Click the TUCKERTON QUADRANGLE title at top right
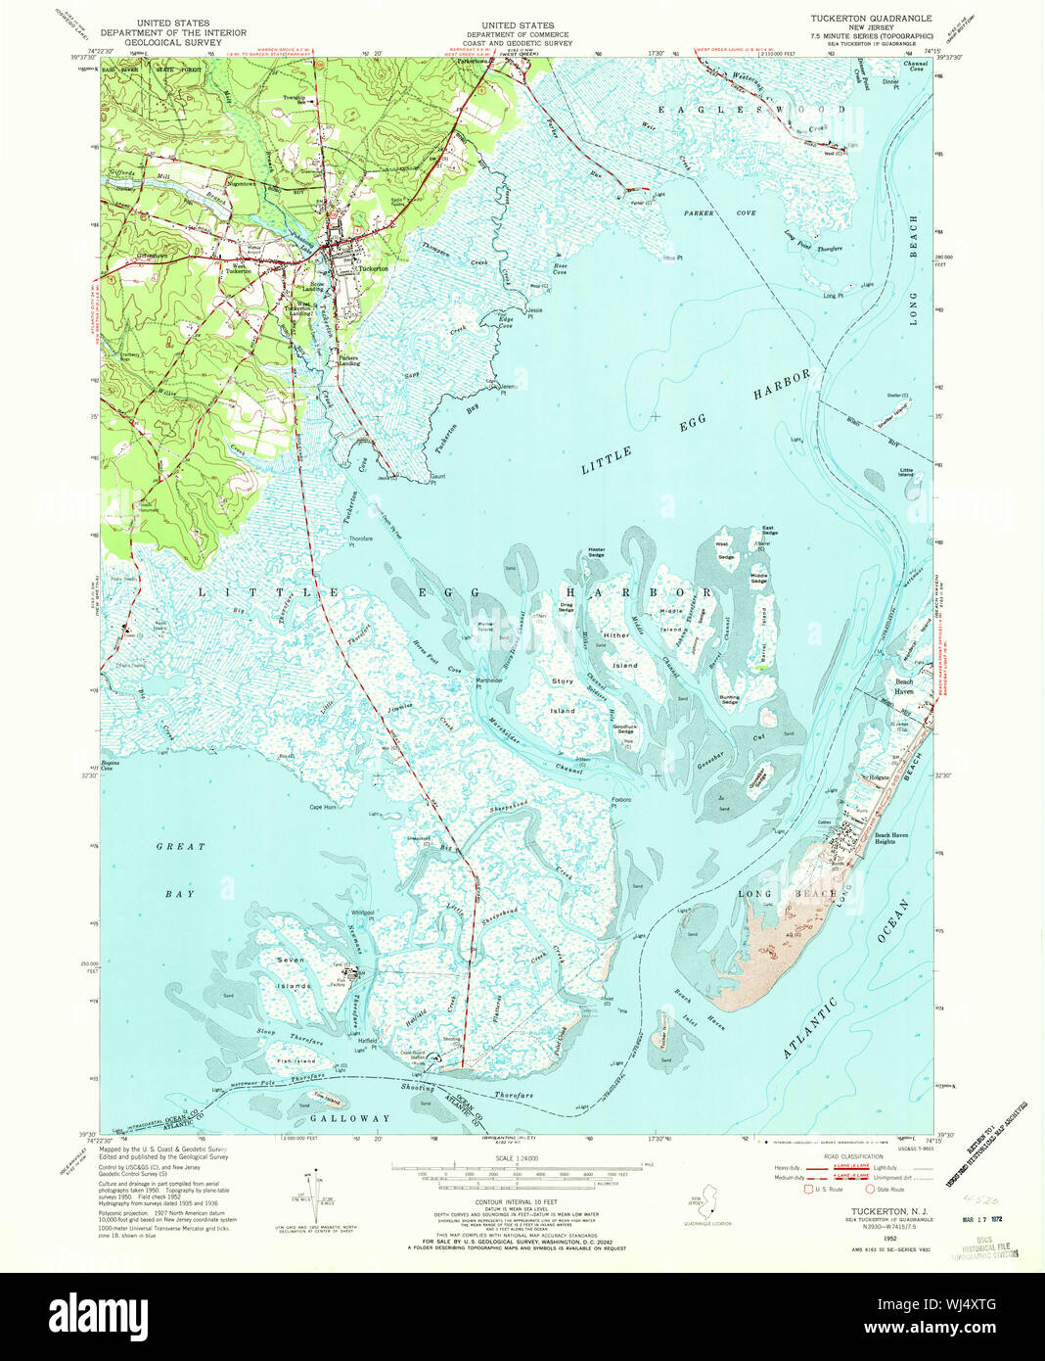(x=871, y=19)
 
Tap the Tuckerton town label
(x=373, y=267)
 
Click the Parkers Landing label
(x=349, y=360)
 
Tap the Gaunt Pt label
(x=437, y=476)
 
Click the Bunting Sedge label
(x=730, y=699)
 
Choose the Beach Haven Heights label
(x=885, y=838)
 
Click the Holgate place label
(x=879, y=777)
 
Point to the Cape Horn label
(x=323, y=807)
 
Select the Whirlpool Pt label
(x=362, y=913)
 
